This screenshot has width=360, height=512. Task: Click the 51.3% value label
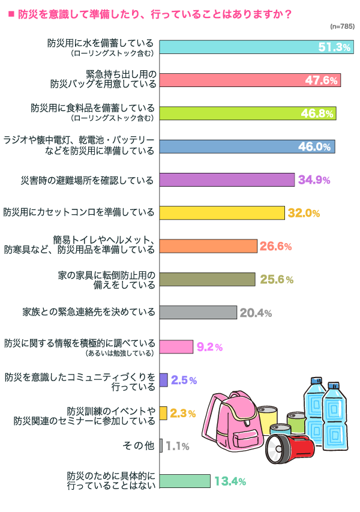(334, 47)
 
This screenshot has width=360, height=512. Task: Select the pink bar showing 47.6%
(250, 80)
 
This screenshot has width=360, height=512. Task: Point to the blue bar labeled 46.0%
(247, 146)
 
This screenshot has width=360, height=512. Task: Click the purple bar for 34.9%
(227, 179)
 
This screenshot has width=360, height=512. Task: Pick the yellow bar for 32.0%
(221, 212)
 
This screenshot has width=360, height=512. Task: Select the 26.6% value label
(276, 246)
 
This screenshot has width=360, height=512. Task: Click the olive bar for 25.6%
(207, 279)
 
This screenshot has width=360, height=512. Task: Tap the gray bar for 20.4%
(198, 312)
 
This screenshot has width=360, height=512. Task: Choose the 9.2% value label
(209, 346)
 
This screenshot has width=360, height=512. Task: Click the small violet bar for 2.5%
(163, 379)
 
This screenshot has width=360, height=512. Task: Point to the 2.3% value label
(183, 413)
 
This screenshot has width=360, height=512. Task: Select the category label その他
(138, 446)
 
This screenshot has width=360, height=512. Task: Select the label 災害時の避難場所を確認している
(87, 179)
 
